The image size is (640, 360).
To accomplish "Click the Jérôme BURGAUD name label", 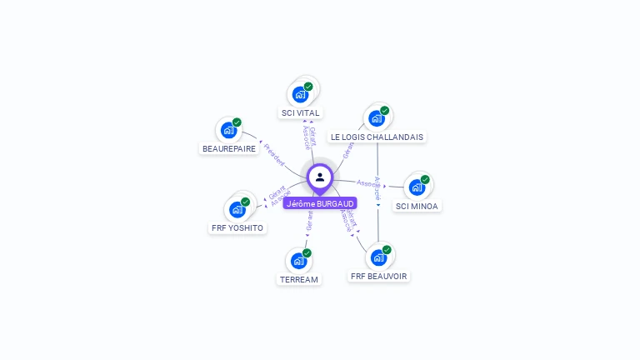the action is point(320,203).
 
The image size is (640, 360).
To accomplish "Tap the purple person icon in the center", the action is point(320,177).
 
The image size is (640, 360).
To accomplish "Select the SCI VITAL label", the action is point(300,112).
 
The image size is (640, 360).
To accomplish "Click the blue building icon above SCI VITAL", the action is point(301,95).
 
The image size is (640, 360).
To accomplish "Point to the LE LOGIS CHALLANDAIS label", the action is point(377,137).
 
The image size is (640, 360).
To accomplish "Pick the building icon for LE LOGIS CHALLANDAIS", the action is point(377,118).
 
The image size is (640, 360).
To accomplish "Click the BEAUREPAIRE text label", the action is point(229,148).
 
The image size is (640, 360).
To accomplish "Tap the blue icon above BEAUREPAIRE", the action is point(229,130).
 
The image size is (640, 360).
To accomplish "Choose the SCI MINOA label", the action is point(417,206).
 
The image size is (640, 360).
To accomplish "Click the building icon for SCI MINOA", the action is point(417,187).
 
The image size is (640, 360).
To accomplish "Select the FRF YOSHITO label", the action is point(237,227).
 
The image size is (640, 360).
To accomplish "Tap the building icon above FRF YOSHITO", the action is point(237,209).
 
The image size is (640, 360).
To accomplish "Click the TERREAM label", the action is point(299,279).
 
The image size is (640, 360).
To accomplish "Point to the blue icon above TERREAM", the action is point(299,261).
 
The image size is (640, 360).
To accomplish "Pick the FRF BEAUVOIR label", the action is point(380,276).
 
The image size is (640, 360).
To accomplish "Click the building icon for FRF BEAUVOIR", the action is point(379,257).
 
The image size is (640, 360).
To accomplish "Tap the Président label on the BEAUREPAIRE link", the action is point(273,155).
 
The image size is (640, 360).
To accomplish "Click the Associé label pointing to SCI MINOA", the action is point(368,182).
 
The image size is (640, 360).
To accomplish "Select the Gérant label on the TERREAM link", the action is point(309,220).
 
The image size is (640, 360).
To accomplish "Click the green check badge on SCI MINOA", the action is point(425,179).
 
